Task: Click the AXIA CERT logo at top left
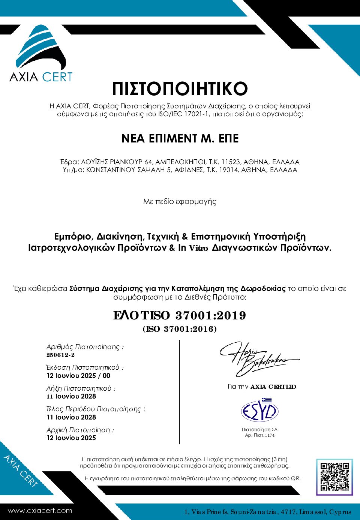40,54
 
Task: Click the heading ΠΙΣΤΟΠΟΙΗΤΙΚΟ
180,88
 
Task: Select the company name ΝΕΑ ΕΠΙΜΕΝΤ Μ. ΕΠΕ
180,138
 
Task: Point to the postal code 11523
230,162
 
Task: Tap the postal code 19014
228,170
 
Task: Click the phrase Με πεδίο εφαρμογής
180,202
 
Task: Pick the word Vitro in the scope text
198,248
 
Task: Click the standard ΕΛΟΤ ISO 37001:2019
180,315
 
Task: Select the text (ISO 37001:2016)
180,329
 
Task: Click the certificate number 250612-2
61,355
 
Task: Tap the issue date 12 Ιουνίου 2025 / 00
78,376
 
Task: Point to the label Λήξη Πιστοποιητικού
81,388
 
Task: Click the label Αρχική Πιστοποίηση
80,430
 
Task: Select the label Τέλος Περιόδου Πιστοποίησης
96,409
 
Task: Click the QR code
335,477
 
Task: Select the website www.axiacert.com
40,511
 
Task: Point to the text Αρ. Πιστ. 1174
260,435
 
